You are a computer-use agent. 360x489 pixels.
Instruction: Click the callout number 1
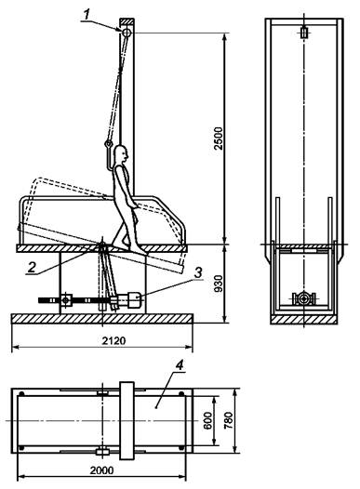(x=87, y=14)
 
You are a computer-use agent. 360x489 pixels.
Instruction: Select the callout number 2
(x=32, y=267)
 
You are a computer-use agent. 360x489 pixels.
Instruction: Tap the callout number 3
(x=198, y=272)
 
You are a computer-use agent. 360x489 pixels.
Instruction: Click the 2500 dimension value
(x=220, y=139)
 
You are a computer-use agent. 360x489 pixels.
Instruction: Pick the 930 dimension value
(x=220, y=284)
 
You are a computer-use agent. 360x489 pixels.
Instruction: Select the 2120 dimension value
(x=114, y=340)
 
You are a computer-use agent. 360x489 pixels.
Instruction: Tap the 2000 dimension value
(x=102, y=470)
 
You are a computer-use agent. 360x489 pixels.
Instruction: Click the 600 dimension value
(x=208, y=421)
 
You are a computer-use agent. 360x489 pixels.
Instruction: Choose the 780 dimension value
(x=228, y=421)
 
